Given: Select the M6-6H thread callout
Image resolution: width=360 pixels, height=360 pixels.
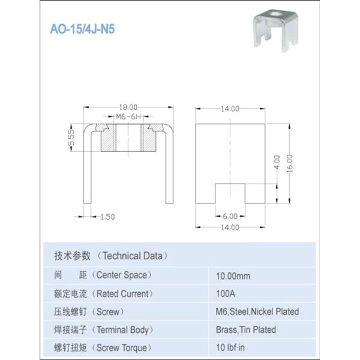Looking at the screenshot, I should tap(127, 116).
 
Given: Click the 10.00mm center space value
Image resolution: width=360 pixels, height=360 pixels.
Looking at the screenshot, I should tap(233, 277).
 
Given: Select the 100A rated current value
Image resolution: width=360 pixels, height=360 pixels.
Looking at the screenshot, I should tap(226, 294).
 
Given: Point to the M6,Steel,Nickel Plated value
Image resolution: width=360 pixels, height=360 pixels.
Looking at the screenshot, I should tap(257, 312).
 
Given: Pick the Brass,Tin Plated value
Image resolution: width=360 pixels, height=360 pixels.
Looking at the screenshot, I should tap(245, 329).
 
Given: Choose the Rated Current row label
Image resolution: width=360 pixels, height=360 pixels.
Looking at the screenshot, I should tap(103, 294).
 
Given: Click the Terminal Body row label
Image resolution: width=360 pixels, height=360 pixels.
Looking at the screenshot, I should tap(104, 329).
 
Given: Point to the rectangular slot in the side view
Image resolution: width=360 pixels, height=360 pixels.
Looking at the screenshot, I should tap(230, 192).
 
